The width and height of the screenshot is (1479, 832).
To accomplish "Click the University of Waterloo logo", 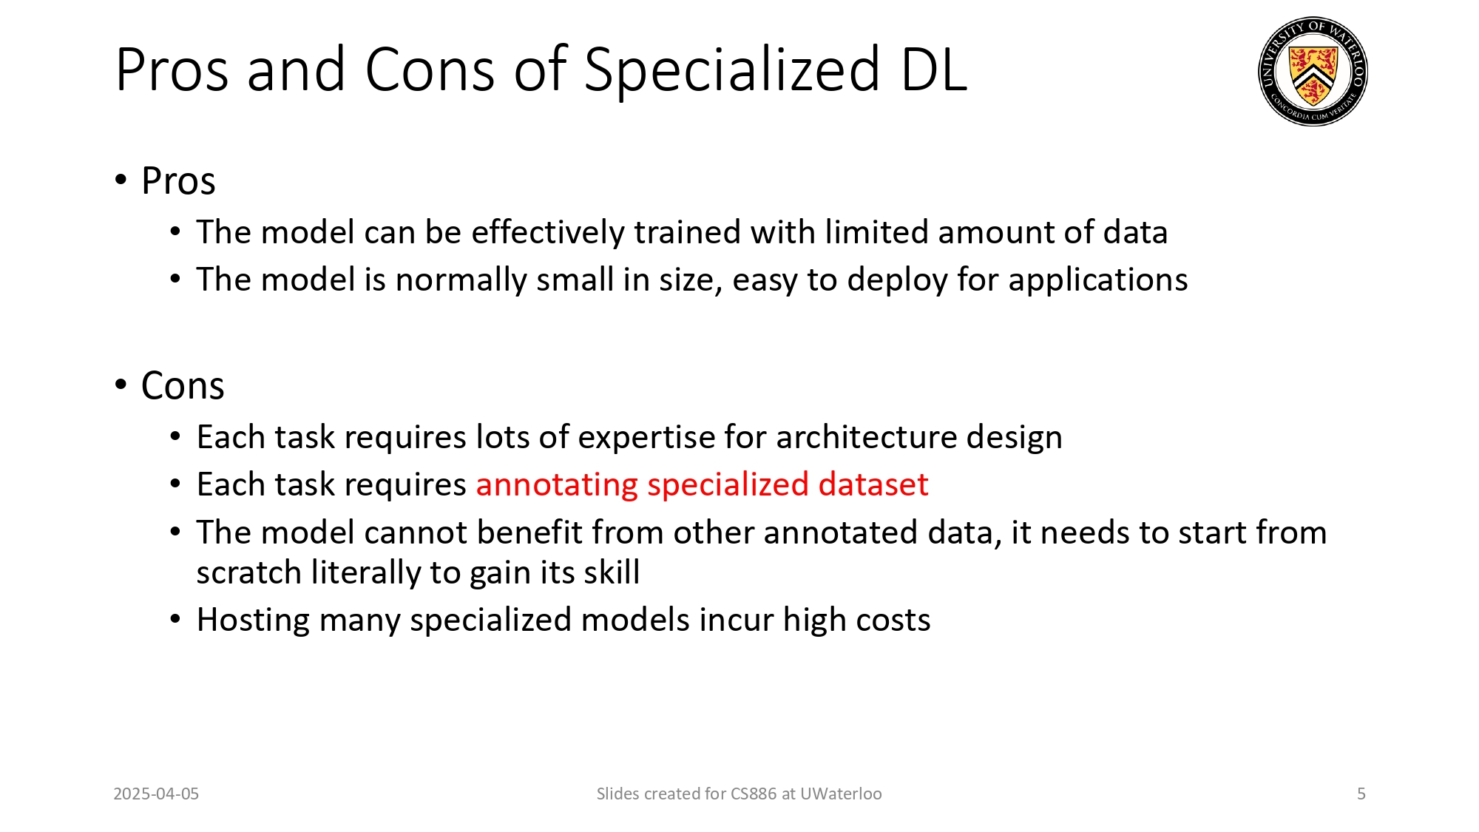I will (x=1313, y=71).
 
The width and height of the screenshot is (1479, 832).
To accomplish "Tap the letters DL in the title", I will (x=934, y=70).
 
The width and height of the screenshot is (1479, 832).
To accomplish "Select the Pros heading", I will (x=178, y=181).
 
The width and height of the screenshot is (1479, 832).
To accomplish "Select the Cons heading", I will (x=182, y=386).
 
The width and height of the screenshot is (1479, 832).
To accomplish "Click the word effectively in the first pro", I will (x=548, y=232).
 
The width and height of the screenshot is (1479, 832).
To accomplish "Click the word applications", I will (x=1097, y=280).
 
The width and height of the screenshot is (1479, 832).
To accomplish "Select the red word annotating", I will (x=557, y=485).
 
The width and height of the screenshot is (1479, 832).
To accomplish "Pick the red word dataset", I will (x=873, y=485).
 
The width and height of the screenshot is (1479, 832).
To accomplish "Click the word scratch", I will (x=248, y=573).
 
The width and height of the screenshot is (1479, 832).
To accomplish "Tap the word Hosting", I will (x=253, y=620).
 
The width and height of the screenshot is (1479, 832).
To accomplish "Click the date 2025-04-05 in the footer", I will (x=156, y=794).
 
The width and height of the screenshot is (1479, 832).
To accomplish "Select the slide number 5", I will (x=1361, y=794).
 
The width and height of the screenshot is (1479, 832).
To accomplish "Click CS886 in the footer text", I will (x=754, y=794).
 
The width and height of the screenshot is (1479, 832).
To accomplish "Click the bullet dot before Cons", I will (x=121, y=385).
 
